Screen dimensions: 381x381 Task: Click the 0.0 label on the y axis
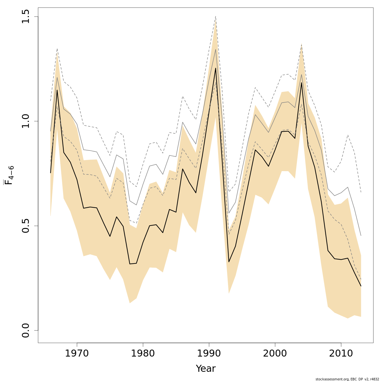26,330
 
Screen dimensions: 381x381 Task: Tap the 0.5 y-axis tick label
26,226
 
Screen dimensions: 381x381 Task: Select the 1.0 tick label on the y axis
26,121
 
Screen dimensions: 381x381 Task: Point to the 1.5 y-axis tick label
26,17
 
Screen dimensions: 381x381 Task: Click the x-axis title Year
205,369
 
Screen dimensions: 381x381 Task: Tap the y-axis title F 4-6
9,173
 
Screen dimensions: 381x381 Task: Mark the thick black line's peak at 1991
216,68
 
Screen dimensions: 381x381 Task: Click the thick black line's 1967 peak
57,90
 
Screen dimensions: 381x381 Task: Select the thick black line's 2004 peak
301,83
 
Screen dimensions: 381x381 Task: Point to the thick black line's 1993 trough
229,262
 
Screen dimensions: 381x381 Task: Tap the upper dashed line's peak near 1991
216,16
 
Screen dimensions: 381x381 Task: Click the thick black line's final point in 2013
361,286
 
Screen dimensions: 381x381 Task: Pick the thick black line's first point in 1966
50,173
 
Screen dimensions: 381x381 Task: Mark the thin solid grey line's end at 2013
361,236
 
